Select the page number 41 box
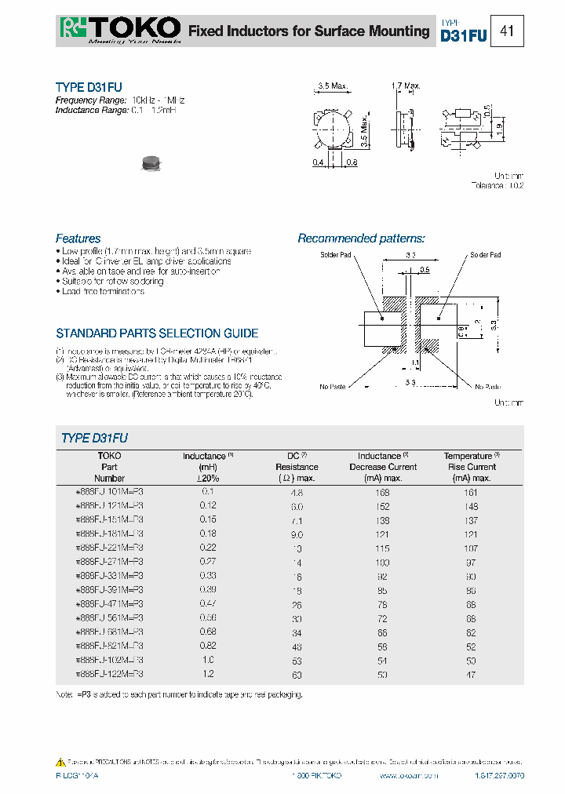(507, 31)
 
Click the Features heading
(78, 239)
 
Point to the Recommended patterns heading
(361, 239)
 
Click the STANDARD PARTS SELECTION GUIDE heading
(157, 333)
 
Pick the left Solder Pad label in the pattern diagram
(335, 255)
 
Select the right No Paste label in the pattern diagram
(487, 387)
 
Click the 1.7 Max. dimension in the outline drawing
(406, 86)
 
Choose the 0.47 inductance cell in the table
(208, 604)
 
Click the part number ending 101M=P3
(109, 491)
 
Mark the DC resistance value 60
(297, 674)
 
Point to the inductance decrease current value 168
(382, 492)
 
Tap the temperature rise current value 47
(471, 674)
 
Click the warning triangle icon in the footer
(60, 762)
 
